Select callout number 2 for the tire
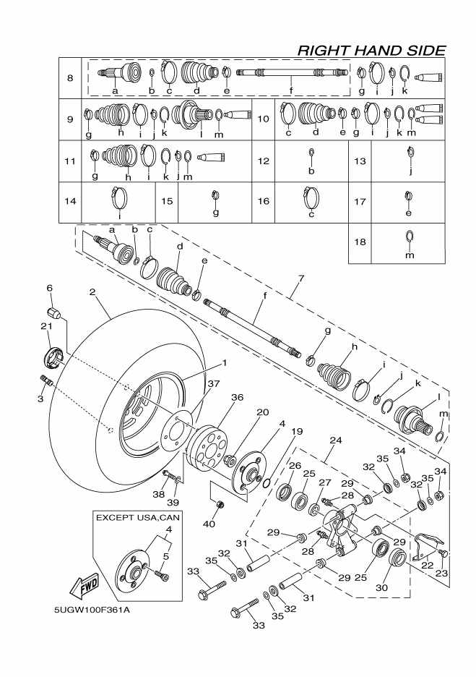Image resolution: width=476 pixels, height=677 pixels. (x=92, y=292)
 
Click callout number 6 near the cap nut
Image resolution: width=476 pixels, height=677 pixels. (x=50, y=289)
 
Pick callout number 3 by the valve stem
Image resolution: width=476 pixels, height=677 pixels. (x=40, y=399)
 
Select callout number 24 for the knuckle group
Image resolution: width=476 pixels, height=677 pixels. (x=334, y=438)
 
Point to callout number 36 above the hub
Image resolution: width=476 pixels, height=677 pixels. (x=237, y=397)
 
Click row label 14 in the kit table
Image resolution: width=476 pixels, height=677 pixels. (x=70, y=202)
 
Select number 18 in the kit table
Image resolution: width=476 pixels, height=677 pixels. (x=358, y=242)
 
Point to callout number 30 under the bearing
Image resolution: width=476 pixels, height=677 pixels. (x=381, y=588)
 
